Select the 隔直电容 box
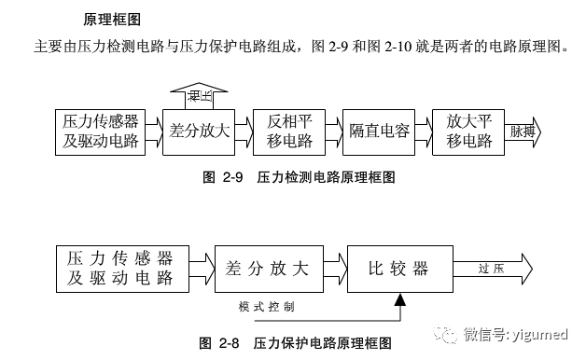click(379, 132)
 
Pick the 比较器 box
click(400, 269)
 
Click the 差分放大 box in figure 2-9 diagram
click(199, 132)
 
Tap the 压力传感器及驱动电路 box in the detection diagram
click(101, 132)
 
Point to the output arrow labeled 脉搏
click(524, 132)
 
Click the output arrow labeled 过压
click(493, 269)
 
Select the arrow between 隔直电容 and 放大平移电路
click(424, 132)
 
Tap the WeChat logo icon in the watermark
click(447, 334)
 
